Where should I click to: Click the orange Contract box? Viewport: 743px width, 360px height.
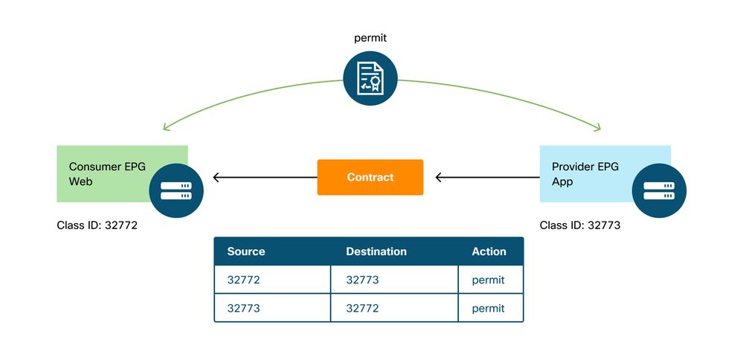370,177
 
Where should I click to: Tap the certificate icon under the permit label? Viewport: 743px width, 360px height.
370,78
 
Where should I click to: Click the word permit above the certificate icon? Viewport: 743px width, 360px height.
370,36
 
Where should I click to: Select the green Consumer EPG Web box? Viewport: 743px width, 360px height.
104,173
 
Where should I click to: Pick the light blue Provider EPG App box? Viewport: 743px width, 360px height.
588,173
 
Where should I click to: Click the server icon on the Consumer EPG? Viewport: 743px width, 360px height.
176,190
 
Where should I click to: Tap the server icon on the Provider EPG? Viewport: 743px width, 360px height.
658,190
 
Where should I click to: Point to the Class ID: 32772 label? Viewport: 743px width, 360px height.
97,225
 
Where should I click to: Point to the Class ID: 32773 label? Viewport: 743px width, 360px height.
579,225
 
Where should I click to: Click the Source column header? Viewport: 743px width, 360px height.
246,251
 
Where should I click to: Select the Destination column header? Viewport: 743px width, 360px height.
376,251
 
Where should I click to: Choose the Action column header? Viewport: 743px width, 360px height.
489,251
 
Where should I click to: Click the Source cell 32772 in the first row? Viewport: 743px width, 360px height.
244,280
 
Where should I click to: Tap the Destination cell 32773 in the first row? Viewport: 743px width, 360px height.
362,280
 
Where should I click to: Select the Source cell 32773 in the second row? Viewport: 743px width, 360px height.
244,308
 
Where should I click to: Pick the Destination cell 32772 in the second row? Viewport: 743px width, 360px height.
362,308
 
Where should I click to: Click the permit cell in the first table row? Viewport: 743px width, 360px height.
488,280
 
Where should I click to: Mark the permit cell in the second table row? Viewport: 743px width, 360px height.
488,308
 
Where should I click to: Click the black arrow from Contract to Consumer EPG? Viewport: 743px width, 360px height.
264,177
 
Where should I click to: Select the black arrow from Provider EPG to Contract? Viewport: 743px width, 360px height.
486,177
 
